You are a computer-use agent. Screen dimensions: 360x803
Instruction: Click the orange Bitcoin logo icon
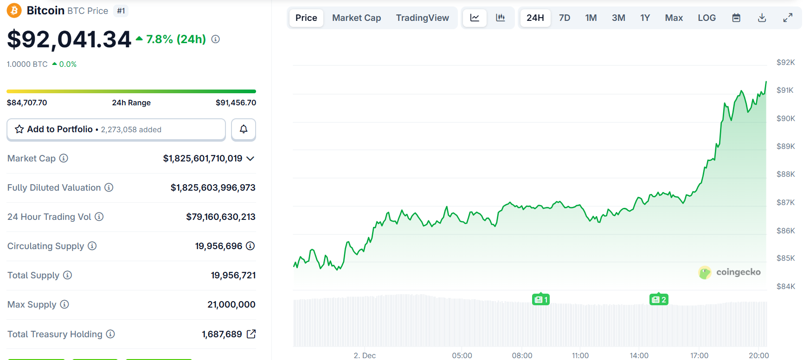[x=14, y=10]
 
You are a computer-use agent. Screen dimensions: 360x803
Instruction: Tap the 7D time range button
[x=564, y=18]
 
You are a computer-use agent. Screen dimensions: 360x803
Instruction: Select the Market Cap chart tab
[x=356, y=18]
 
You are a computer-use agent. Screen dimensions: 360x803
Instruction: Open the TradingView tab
[x=422, y=18]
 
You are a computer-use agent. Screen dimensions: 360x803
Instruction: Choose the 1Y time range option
[x=645, y=18]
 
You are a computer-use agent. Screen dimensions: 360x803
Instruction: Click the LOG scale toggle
[x=707, y=18]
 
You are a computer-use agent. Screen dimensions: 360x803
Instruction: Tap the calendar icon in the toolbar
[x=736, y=18]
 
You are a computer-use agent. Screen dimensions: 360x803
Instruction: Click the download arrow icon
[x=762, y=18]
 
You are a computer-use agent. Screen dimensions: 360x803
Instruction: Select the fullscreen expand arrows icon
[x=788, y=18]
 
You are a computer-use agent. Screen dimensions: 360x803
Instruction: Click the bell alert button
[x=244, y=129]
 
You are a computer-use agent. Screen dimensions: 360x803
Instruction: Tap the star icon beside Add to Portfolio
[x=19, y=129]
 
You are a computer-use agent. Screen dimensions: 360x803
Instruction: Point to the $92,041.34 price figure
[x=69, y=39]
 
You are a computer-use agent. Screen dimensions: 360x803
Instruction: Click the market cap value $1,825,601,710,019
[x=203, y=159]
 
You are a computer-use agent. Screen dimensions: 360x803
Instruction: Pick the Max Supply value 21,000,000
[x=231, y=304]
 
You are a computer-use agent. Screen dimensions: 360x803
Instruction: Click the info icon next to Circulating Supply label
[x=92, y=246]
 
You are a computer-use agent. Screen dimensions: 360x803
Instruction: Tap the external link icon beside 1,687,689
[x=251, y=334]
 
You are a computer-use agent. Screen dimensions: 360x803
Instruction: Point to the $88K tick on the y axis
[x=785, y=174]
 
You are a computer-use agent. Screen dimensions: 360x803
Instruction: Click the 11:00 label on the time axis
[x=580, y=355]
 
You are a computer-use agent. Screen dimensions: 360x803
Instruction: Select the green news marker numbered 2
[x=659, y=300]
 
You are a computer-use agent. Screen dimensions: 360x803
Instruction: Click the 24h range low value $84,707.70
[x=27, y=103]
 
